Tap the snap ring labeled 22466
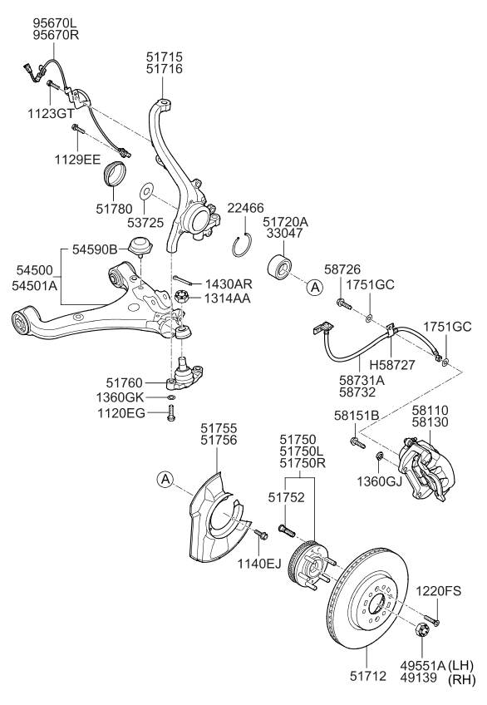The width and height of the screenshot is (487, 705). coord(241,246)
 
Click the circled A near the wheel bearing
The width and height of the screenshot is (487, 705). coord(313,288)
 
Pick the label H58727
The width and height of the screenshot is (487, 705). coord(392,363)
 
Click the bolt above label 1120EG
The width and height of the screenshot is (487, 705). coord(171,413)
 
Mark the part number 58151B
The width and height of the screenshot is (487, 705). coord(357,416)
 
